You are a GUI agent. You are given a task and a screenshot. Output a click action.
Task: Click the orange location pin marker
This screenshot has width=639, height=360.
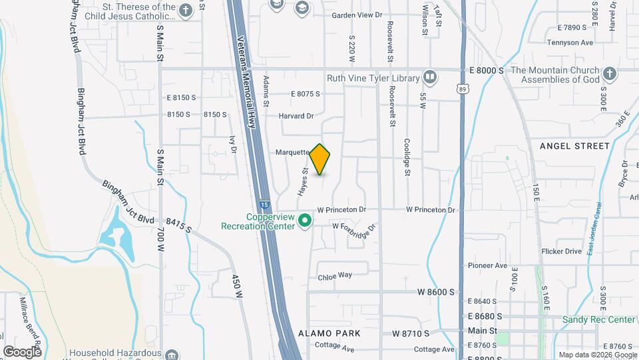point(320,159)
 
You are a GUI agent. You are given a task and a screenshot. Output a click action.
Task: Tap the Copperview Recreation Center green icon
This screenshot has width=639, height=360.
point(305,219)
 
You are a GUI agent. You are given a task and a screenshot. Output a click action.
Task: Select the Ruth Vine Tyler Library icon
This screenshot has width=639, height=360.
point(430,78)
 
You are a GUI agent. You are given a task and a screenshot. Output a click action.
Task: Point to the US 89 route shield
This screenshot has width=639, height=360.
point(462,88)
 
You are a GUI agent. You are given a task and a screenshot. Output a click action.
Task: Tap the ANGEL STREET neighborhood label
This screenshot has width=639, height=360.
point(574,146)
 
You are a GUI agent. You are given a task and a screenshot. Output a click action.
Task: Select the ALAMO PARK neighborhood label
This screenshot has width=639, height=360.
point(329,333)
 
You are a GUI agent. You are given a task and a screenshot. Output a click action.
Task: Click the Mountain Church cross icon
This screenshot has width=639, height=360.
point(609,74)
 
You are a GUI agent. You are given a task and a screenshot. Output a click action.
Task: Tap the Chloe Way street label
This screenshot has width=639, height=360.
point(334,276)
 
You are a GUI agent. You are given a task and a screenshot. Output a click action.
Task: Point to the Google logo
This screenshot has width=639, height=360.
point(22,351)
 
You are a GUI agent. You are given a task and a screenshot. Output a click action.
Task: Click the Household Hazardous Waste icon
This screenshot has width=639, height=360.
point(172,353)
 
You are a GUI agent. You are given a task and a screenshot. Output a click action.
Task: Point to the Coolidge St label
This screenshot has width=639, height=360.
point(407,158)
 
